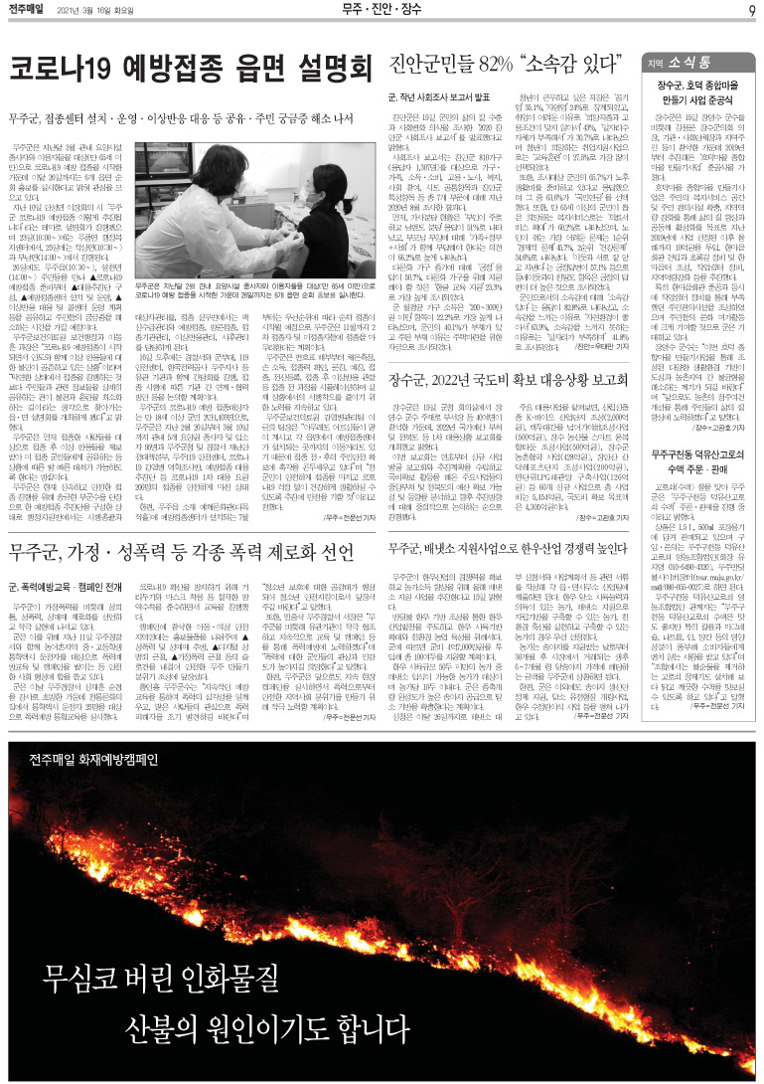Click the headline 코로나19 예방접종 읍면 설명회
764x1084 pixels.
tap(189, 71)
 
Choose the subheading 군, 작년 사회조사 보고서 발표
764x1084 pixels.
tap(439, 99)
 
